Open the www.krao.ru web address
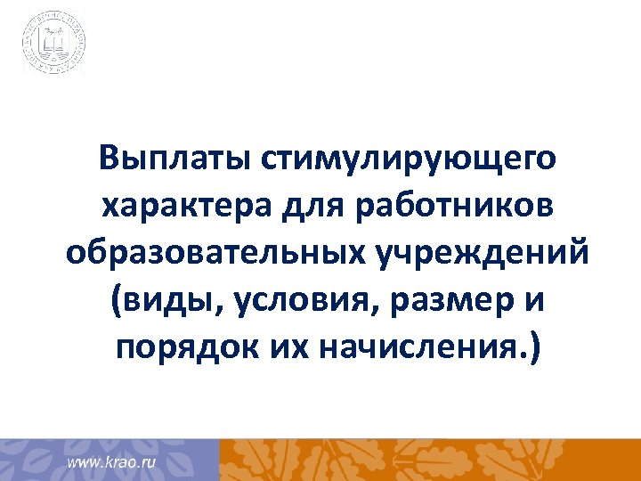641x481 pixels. coord(113,463)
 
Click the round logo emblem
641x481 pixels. coord(54,42)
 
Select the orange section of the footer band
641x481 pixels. coord(427,459)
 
